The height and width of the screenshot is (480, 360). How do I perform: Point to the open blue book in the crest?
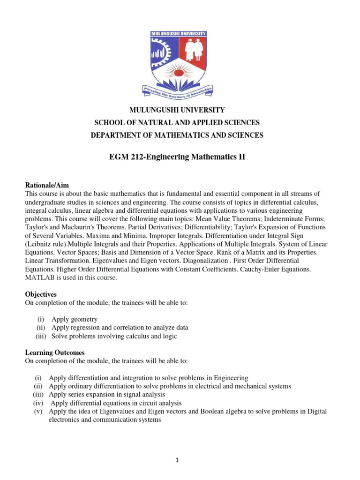(x=180, y=77)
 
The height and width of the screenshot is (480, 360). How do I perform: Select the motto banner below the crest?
(x=180, y=91)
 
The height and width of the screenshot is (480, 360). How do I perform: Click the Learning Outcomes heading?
(x=54, y=352)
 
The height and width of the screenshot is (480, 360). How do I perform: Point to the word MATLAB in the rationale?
(x=39, y=277)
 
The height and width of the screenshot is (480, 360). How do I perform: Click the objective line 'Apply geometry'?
(x=75, y=319)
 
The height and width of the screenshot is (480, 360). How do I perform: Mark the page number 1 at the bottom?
(x=178, y=460)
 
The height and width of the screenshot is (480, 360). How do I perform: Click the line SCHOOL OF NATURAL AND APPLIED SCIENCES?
(x=177, y=123)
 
